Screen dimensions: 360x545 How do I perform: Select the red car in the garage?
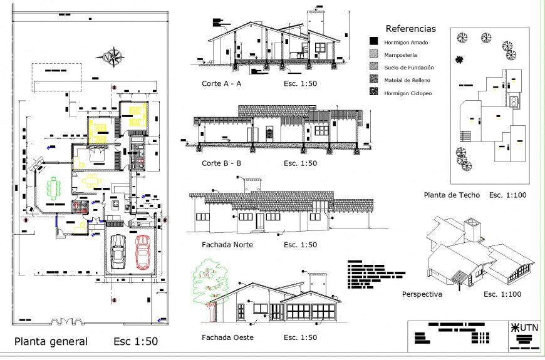[143, 250]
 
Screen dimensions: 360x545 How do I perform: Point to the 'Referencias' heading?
[410, 29]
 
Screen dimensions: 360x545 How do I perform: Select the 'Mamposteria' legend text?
[401, 55]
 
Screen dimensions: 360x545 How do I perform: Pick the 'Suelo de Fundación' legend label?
[409, 68]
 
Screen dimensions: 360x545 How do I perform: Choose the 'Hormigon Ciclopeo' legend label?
[408, 93]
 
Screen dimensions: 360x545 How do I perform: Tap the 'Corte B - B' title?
[221, 163]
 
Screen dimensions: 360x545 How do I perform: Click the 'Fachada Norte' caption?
[227, 245]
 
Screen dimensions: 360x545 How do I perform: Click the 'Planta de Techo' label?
[452, 195]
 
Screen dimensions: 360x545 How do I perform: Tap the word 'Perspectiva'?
[422, 294]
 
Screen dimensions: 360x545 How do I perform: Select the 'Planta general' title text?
[51, 342]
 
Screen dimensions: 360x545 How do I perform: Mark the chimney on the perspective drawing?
[471, 230]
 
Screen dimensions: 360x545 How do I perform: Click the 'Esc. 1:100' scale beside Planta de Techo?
[508, 195]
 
